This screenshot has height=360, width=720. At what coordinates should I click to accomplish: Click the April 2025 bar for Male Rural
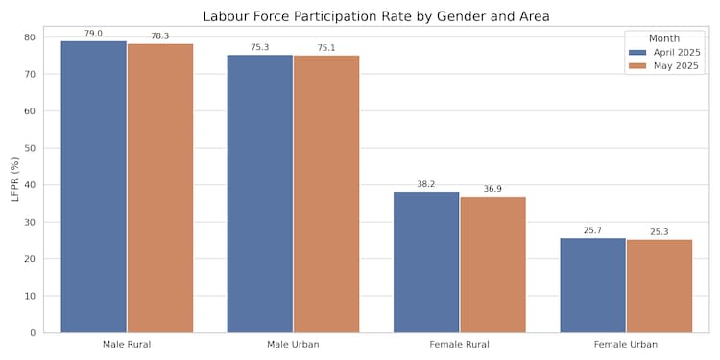point(94,187)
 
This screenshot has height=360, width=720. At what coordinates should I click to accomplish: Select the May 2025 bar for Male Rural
point(160,188)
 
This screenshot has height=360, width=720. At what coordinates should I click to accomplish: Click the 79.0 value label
point(94,34)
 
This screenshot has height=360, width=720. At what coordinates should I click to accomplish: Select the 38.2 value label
point(426,184)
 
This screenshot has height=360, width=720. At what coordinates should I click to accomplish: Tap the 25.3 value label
point(659,232)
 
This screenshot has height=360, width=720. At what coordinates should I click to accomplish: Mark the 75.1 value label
point(326,48)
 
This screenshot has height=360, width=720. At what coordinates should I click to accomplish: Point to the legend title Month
point(664,37)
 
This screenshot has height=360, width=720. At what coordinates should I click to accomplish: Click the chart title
point(376,16)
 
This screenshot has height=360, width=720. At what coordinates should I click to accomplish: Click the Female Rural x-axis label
point(459,344)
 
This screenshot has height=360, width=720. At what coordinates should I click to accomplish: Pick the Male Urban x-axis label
point(293,344)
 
